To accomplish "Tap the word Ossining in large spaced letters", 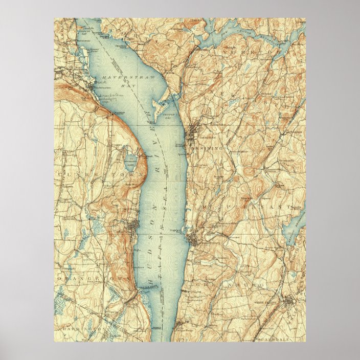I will (207, 148).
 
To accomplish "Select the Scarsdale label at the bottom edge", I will (284, 338).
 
